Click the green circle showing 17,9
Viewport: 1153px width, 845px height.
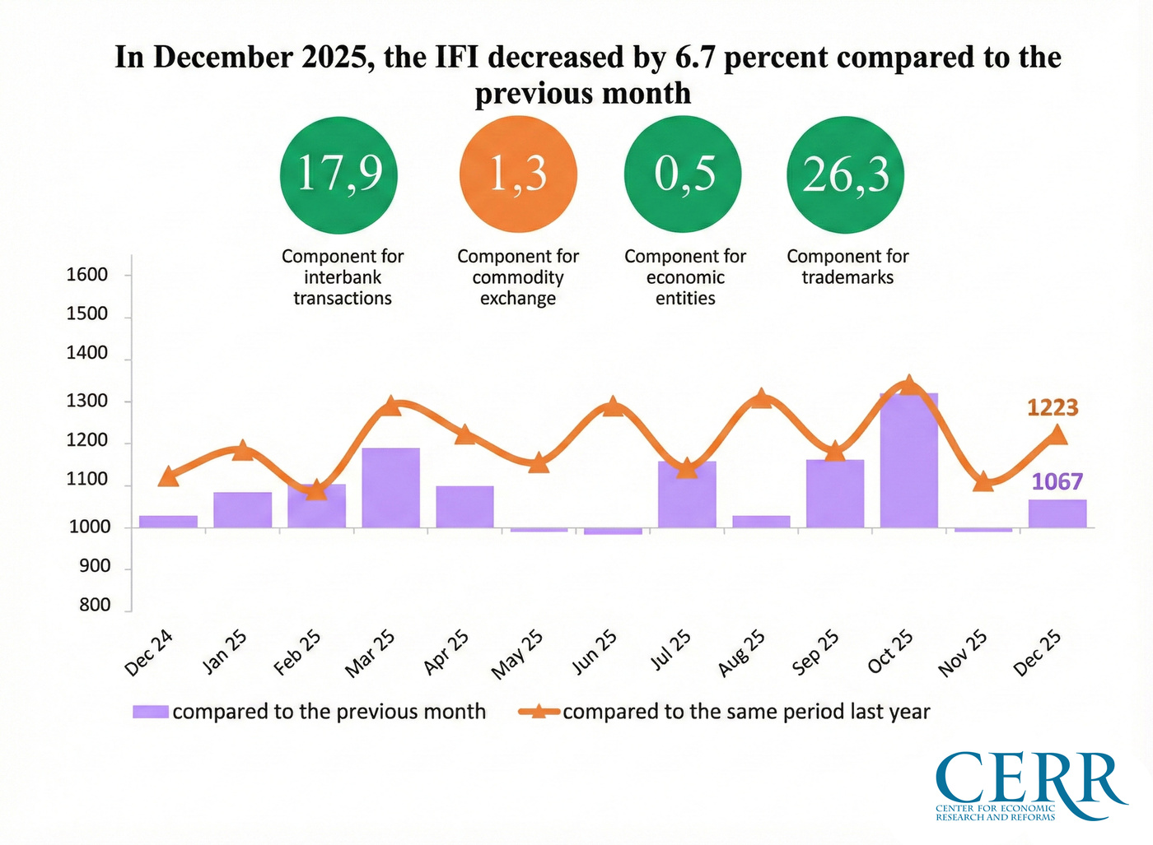[338, 175]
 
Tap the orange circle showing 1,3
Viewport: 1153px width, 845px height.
[518, 175]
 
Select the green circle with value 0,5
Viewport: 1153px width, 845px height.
[683, 175]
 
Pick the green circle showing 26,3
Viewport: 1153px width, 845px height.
[846, 175]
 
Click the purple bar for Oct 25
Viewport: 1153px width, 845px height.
[908, 461]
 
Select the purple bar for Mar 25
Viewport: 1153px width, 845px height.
[390, 488]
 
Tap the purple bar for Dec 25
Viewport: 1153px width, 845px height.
[1057, 513]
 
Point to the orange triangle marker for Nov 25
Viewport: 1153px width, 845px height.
[983, 482]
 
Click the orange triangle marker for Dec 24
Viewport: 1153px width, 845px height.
[168, 476]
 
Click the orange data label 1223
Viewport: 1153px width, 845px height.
[1052, 408]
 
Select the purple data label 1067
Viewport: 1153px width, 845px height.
[1057, 481]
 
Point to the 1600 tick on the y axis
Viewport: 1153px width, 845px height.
[87, 275]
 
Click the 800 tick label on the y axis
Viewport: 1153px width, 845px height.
[95, 606]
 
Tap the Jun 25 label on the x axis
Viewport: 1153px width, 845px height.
[595, 652]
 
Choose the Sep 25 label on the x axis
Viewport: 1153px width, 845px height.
[815, 652]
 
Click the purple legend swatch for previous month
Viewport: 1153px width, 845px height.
[151, 712]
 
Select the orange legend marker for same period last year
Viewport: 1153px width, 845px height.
[539, 712]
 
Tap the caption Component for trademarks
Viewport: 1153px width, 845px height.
[847, 267]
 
